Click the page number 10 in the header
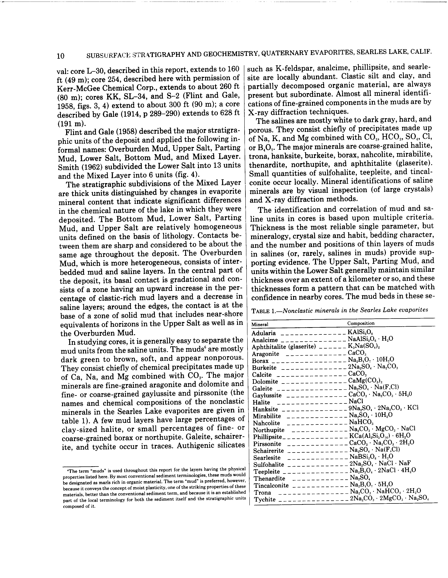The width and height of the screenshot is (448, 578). pyautogui.click(x=60, y=56)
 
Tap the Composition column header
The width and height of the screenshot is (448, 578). pyautogui.click(x=361, y=323)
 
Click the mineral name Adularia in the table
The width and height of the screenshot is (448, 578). pyautogui.click(x=264, y=333)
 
